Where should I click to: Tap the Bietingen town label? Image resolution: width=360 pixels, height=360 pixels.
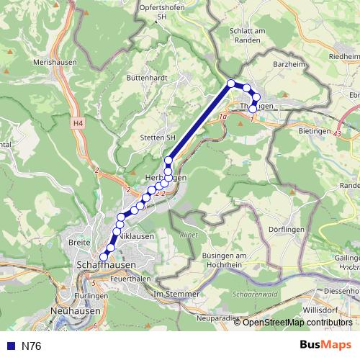coord(313,132)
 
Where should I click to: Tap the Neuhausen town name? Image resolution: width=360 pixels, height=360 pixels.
coord(76,310)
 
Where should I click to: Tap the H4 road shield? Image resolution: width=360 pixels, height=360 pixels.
coord(78,125)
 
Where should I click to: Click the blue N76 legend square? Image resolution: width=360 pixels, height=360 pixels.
coord(10,346)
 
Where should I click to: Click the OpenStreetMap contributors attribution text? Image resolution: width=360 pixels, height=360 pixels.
coord(297,323)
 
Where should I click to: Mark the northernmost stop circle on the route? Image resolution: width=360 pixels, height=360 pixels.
coord(232,84)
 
